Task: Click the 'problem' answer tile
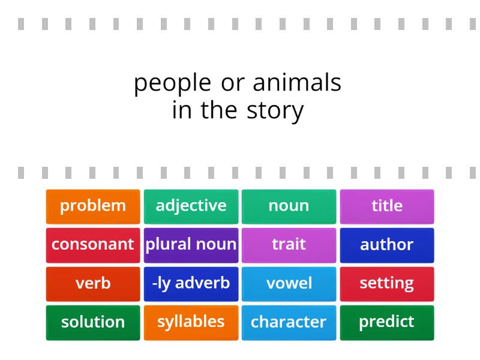point(93,206)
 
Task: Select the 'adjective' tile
point(191,206)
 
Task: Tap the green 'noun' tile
point(289,206)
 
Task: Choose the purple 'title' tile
point(387,206)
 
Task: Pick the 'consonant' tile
point(93,245)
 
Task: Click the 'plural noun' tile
point(191,245)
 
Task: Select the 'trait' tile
point(289,245)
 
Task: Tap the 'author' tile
point(387,245)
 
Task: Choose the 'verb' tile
point(93,283)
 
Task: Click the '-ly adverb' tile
point(191,283)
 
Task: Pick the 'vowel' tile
point(289,283)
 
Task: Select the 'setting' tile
point(387,283)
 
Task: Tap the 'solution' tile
point(93,322)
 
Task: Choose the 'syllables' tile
point(191,322)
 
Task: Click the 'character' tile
point(289,322)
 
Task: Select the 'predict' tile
point(387,322)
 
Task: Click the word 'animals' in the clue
point(297,82)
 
